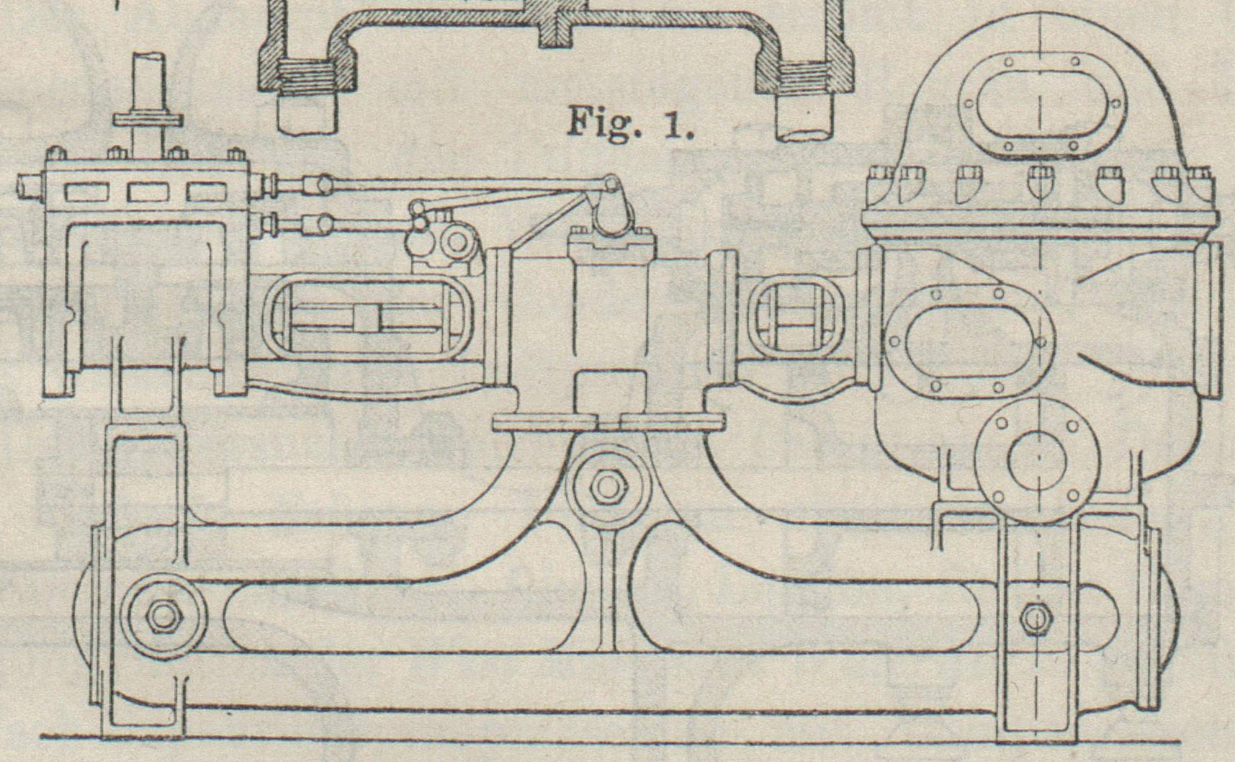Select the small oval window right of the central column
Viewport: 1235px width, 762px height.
[x=793, y=319]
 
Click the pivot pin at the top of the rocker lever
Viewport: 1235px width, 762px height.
[x=611, y=184]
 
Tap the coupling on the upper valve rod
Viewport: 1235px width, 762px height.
[x=315, y=186]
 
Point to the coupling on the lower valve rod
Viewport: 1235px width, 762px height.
[x=315, y=224]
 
